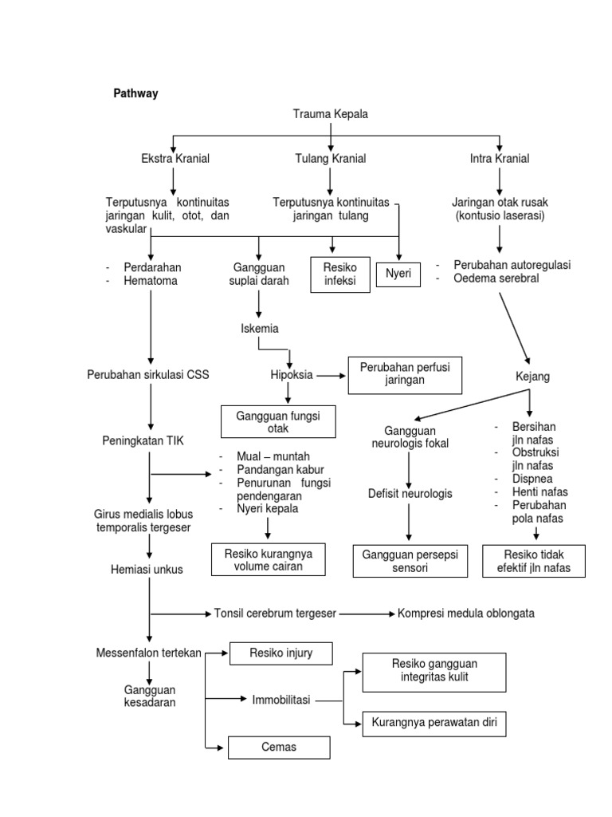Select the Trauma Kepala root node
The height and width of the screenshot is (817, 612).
(x=331, y=114)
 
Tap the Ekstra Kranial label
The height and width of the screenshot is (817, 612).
(x=175, y=159)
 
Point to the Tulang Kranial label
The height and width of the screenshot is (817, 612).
(x=331, y=159)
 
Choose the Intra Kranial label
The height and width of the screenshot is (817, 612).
(x=500, y=159)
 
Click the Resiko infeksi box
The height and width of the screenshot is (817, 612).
(x=339, y=274)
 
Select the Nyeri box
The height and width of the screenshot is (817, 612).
(x=398, y=274)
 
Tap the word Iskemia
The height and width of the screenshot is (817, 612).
(x=260, y=328)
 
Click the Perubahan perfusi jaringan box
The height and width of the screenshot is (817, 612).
(x=405, y=374)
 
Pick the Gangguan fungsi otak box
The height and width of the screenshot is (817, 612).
(x=278, y=422)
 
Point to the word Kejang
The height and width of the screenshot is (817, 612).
(x=533, y=376)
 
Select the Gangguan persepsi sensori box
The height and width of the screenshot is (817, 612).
(x=410, y=562)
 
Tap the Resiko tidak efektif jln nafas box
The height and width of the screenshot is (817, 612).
(x=534, y=562)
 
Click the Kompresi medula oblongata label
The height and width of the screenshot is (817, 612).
(x=466, y=614)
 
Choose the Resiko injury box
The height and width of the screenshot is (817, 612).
(x=271, y=653)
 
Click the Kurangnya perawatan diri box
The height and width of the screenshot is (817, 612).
(x=433, y=724)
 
